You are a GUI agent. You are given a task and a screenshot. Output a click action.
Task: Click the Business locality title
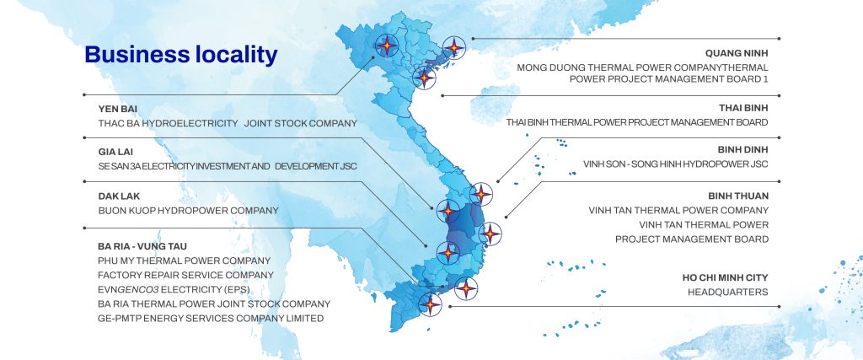[181, 55]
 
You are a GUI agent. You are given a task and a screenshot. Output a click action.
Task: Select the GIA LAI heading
[115, 152]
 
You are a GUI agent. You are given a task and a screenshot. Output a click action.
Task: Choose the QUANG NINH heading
[737, 53]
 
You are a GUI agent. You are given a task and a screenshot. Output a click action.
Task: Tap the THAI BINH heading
[743, 108]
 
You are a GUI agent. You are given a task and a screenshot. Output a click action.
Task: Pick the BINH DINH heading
[742, 150]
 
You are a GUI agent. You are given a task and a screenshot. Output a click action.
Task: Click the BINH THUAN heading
[738, 196]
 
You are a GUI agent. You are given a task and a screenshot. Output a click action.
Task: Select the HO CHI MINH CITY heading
[726, 278]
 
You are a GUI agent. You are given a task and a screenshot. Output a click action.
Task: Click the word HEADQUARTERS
[727, 293]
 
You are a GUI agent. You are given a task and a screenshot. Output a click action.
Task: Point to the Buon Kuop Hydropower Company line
[188, 210]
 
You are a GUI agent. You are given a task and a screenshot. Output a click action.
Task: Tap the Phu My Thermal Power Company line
[185, 261]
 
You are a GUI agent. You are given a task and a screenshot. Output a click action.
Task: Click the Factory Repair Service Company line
[185, 275]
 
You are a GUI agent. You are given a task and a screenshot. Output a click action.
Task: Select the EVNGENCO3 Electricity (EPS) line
[174, 289]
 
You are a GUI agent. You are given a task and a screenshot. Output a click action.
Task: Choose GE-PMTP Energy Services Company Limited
[211, 318]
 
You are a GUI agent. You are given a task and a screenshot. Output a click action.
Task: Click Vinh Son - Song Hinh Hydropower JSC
[676, 164]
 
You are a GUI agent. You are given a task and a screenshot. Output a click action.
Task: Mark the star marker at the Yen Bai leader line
[387, 46]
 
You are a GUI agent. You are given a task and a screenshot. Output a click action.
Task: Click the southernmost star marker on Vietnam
[430, 304]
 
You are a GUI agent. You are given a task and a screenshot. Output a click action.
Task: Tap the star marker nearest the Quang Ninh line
[454, 48]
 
